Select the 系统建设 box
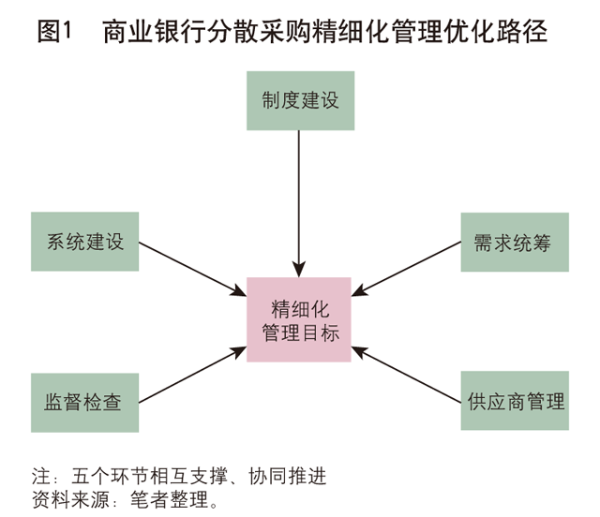point(85,242)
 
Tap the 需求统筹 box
point(514,242)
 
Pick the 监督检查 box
point(85,402)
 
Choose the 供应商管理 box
point(516,402)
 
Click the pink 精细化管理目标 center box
point(299,320)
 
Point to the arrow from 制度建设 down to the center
point(299,201)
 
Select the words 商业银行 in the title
point(145,32)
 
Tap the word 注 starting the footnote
point(39,475)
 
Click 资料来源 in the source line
point(67,498)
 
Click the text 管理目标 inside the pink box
point(299,332)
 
